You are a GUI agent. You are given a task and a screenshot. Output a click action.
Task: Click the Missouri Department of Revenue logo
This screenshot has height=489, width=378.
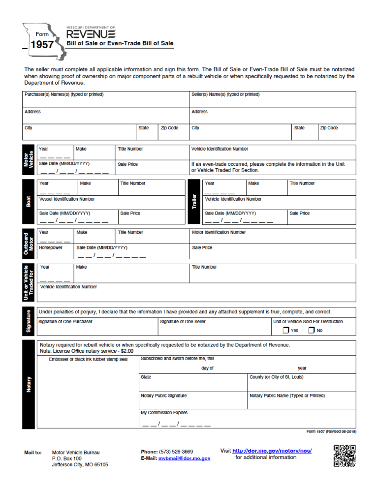[x=91, y=33]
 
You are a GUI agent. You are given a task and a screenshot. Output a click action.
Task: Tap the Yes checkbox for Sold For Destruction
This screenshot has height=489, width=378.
[x=286, y=330]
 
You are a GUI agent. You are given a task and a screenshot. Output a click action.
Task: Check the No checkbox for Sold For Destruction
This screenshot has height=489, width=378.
[x=311, y=330]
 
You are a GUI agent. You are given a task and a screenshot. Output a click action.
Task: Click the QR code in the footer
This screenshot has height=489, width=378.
[x=345, y=456]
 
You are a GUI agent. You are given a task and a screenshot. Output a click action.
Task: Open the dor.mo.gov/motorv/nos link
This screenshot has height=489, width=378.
[x=272, y=451]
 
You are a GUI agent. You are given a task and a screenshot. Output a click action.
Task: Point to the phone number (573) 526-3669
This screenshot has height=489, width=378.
[x=176, y=451]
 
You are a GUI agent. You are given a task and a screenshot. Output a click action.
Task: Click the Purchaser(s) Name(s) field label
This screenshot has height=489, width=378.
[x=64, y=94]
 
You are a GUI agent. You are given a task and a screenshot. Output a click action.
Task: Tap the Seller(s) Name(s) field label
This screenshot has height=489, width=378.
[x=225, y=94]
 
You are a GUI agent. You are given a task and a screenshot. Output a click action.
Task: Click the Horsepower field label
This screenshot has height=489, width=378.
[x=51, y=247]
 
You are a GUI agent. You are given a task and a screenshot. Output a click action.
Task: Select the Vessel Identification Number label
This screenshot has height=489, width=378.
[x=67, y=199]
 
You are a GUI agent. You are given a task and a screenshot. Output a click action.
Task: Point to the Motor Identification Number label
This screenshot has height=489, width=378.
[x=219, y=232]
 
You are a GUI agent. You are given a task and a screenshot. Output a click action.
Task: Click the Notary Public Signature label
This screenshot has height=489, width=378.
[x=164, y=396]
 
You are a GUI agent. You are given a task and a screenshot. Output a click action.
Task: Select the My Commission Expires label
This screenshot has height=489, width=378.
[x=164, y=413]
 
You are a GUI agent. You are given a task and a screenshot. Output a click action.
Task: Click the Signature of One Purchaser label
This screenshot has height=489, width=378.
[x=65, y=322]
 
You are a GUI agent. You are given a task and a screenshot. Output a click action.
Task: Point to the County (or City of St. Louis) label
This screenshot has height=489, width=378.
[x=276, y=377]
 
